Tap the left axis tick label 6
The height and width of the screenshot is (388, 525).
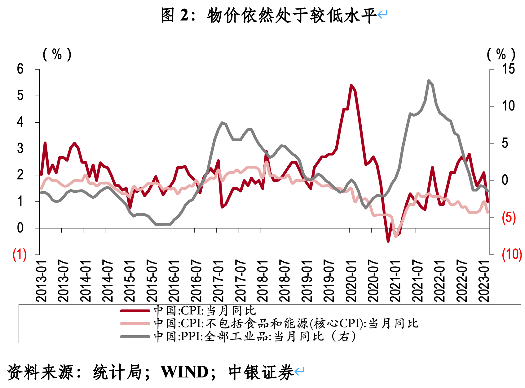20,69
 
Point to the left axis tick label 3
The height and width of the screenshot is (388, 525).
20,148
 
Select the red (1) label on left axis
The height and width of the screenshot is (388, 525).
19,255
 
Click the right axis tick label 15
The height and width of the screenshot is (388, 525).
508,69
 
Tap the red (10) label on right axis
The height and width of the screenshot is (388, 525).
512,254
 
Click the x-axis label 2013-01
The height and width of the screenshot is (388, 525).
41,281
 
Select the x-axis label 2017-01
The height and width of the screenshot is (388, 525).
218,281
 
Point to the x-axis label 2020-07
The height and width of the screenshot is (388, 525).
373,281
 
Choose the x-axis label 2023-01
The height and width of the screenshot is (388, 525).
484,281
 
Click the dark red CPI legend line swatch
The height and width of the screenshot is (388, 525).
135,311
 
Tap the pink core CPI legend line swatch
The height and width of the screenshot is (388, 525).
135,323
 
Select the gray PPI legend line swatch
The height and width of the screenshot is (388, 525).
135,336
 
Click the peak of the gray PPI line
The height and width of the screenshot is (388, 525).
429,81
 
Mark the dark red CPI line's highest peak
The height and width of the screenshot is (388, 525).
351,85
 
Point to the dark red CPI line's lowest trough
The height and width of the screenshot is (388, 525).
388,241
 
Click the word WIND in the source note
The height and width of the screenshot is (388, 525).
184,372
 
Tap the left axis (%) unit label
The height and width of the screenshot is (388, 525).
57,54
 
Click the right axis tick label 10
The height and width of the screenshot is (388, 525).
508,106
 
